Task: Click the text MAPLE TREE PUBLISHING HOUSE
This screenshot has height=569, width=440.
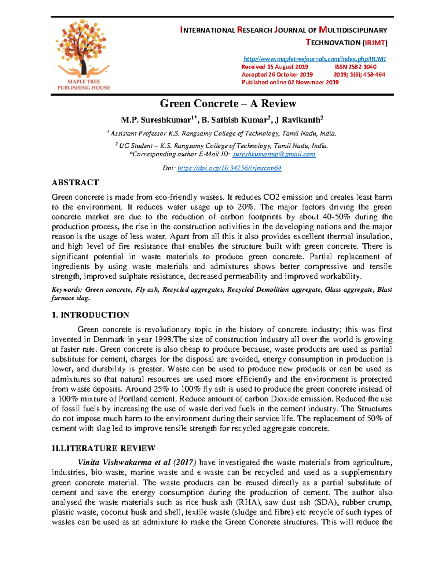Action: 84,85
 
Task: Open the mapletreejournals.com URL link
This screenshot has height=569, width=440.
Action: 315,59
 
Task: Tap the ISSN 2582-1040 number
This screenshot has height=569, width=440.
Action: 355,67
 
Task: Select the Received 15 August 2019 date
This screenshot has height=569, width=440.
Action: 275,67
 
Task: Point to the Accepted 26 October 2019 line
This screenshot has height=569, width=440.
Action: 277,74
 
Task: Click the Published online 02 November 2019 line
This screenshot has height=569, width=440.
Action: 290,82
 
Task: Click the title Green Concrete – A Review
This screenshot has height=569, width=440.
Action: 228,104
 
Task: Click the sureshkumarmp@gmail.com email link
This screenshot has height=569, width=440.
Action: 274,154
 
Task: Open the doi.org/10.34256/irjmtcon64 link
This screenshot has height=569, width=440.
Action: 229,168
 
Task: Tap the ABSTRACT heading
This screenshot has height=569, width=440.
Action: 75,182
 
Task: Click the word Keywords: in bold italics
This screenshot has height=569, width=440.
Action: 67,289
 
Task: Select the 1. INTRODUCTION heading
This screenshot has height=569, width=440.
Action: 90,315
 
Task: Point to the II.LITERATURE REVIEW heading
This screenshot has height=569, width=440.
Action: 104,448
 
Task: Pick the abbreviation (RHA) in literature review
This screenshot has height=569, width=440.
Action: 248,502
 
